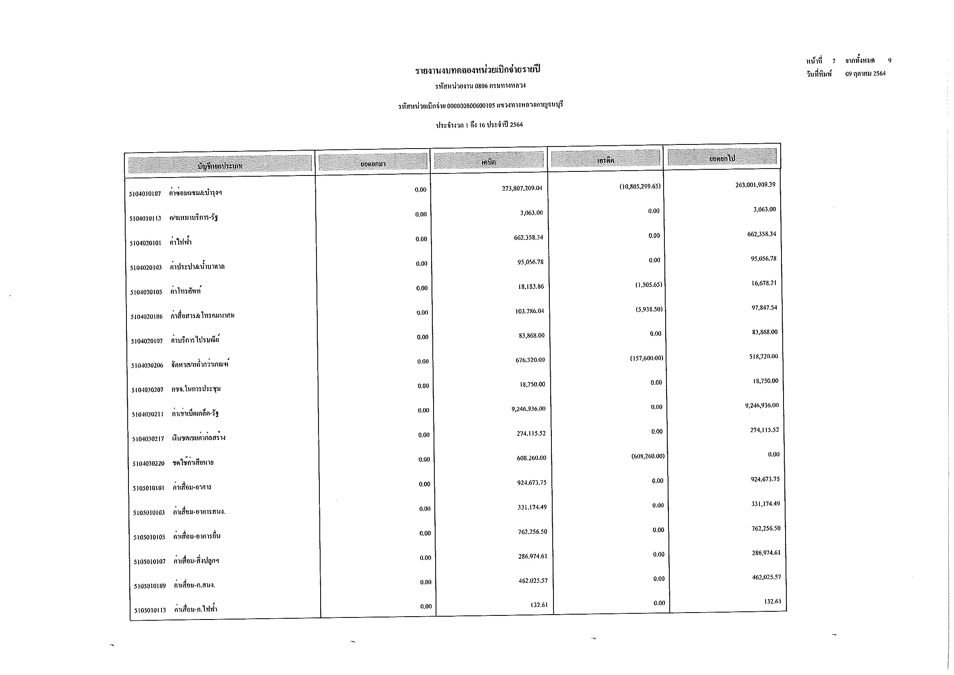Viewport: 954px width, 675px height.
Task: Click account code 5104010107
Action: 145,194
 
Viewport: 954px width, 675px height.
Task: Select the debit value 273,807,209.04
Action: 522,188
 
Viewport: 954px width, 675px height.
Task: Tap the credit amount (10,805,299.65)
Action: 640,186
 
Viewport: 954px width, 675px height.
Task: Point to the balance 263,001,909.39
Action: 755,184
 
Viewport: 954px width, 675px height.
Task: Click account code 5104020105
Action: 146,292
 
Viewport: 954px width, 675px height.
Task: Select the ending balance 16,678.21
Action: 764,283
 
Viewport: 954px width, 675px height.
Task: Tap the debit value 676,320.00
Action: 530,360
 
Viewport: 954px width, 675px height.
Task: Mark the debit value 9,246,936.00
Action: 528,409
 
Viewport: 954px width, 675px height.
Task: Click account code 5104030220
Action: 148,464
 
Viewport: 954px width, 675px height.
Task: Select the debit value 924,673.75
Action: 531,483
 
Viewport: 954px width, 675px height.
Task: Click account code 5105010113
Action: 150,611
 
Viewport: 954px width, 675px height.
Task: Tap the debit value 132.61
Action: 539,605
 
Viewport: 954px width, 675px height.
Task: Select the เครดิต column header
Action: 605,160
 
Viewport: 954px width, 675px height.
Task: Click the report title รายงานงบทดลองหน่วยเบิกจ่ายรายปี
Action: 478,70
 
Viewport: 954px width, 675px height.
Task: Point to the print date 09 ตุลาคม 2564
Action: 865,73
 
